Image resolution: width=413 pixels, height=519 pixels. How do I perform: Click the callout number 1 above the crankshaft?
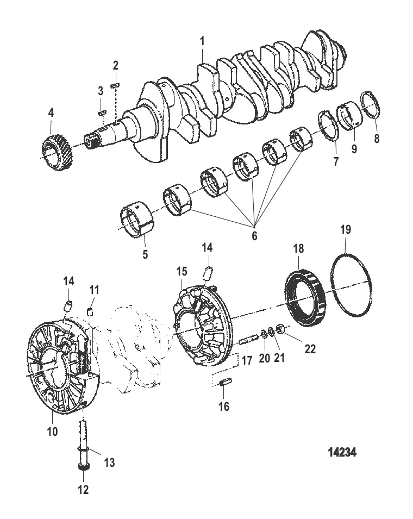(202, 41)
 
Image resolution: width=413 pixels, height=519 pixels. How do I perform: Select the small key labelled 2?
(116, 85)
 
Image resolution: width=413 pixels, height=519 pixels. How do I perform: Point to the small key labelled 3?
(102, 112)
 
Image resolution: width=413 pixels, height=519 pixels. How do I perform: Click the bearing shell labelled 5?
(137, 221)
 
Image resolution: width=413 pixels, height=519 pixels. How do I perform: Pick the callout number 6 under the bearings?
(254, 236)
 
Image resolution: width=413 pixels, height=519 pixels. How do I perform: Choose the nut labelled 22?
(281, 329)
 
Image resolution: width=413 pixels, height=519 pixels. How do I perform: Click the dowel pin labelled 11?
(89, 311)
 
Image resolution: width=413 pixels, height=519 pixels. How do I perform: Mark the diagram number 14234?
(342, 452)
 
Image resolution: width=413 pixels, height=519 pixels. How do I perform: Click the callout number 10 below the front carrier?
(53, 432)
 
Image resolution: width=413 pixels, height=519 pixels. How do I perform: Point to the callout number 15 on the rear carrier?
(182, 271)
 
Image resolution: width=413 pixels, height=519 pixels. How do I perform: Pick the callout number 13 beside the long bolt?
(109, 462)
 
